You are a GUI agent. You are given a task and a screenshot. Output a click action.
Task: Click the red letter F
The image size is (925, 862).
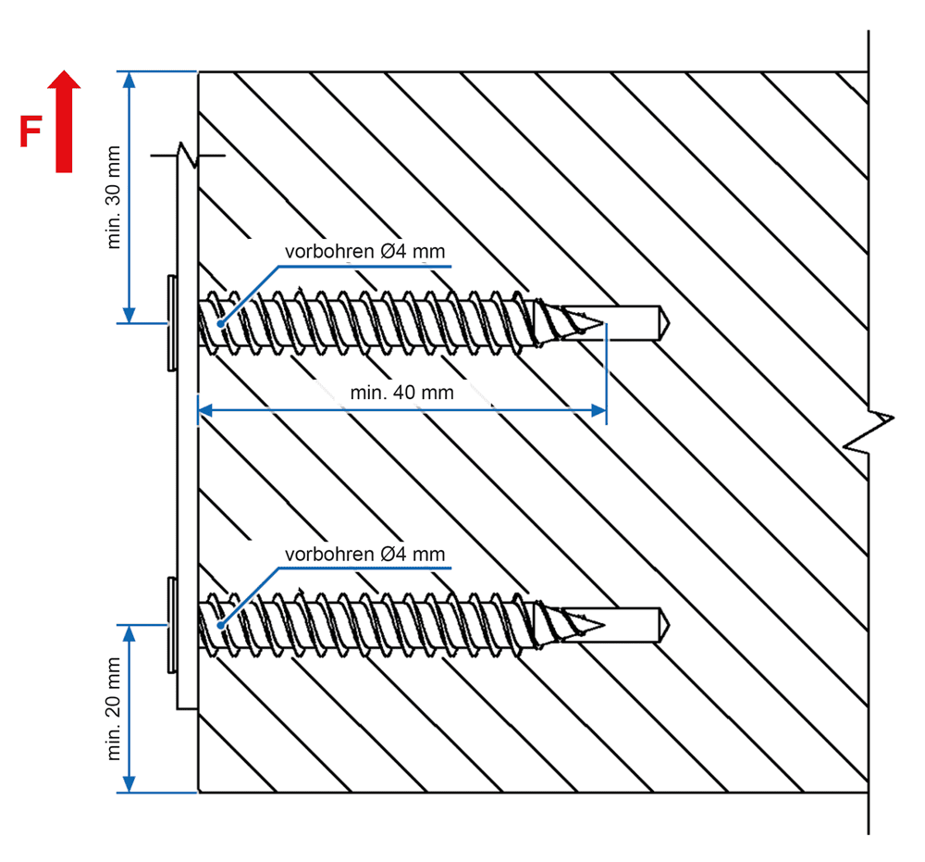(31, 131)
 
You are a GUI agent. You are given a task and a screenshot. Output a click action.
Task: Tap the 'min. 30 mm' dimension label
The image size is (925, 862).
(113, 197)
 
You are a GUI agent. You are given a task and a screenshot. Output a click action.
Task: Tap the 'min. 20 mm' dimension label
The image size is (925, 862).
(113, 708)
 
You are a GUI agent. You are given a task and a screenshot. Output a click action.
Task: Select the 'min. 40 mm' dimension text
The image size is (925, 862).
(401, 393)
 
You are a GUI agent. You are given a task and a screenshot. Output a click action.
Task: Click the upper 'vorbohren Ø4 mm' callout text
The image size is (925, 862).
(364, 252)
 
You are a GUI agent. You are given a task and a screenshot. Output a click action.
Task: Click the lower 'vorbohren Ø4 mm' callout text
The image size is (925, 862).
(364, 555)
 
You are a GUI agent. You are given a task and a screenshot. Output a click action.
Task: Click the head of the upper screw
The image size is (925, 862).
(172, 323)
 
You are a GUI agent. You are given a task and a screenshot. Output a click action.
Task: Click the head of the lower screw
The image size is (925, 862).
(172, 625)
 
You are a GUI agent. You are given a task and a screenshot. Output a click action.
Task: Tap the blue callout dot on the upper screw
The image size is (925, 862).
(220, 323)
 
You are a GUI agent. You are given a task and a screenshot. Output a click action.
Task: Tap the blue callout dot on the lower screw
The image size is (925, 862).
(220, 625)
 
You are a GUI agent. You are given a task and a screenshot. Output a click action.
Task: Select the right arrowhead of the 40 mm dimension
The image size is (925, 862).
(598, 410)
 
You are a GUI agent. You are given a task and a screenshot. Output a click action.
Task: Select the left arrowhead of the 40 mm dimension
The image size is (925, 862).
(205, 410)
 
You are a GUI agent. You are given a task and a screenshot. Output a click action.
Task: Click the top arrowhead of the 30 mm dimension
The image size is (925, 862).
(129, 79)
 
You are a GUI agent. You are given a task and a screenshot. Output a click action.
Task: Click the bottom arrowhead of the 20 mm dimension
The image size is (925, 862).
(129, 784)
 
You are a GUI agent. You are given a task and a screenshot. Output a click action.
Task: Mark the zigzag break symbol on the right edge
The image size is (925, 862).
(869, 431)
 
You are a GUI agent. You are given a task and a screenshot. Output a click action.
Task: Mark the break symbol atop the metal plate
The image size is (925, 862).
(188, 156)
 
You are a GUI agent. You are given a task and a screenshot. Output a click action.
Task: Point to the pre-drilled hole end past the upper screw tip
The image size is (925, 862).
(664, 323)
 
